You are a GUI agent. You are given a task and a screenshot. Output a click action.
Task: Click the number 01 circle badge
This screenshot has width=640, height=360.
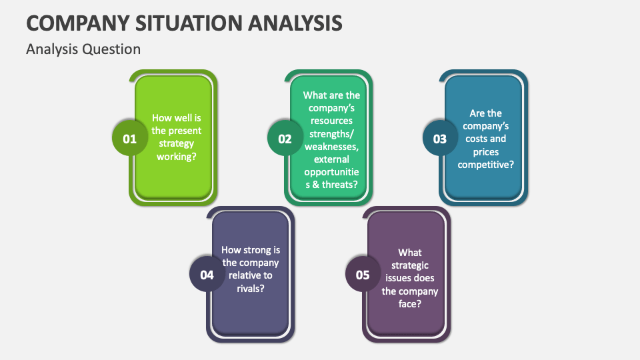pyautogui.click(x=129, y=139)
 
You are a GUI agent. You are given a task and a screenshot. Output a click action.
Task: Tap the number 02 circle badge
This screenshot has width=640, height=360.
pyautogui.click(x=285, y=139)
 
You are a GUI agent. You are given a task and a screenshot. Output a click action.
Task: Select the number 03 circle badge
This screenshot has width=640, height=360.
pyautogui.click(x=440, y=139)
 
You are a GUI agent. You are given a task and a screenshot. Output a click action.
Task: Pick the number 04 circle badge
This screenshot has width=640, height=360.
pyautogui.click(x=207, y=275)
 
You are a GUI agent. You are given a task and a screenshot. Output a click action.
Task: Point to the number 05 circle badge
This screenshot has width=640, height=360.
pyautogui.click(x=363, y=275)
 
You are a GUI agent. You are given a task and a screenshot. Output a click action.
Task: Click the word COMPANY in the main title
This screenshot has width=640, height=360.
pyautogui.click(x=75, y=23)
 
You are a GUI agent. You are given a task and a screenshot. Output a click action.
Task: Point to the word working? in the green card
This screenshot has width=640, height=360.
pyautogui.click(x=177, y=156)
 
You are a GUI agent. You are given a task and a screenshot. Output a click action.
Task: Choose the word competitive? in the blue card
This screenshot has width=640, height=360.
pyautogui.click(x=486, y=164)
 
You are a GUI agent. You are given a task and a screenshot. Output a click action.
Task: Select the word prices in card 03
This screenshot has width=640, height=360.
pyautogui.click(x=486, y=151)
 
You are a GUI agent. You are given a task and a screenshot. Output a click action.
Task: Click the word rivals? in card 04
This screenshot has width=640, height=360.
pyautogui.click(x=250, y=288)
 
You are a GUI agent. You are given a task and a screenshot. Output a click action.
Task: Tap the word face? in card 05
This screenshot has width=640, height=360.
pyautogui.click(x=410, y=303)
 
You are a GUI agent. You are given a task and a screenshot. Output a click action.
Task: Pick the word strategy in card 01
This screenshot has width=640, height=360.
pyautogui.click(x=177, y=143)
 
